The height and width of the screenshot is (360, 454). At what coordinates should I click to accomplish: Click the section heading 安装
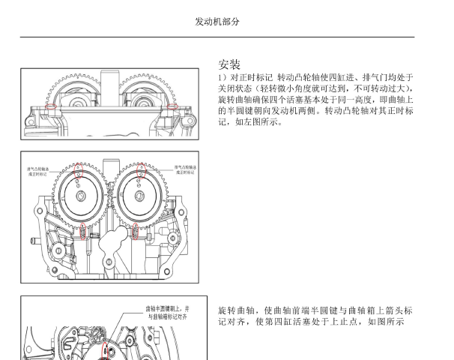tap(229, 64)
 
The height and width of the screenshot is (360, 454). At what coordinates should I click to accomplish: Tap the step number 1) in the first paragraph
tap(223, 77)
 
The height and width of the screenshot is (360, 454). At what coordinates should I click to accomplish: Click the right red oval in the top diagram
tap(174, 106)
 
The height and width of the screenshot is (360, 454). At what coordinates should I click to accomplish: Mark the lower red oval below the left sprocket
tap(83, 229)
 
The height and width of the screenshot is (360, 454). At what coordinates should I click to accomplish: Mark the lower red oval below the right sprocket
tap(136, 229)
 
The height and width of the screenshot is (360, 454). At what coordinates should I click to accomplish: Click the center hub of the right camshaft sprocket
tap(139, 196)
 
